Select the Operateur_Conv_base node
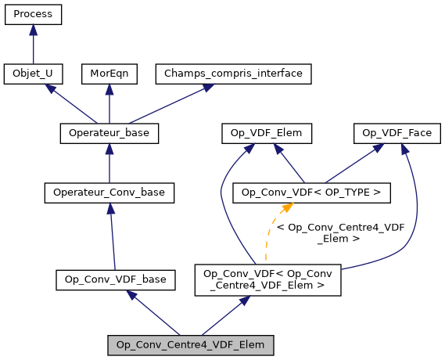click(109, 192)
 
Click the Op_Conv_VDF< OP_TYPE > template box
click(312, 192)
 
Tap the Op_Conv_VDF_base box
click(115, 278)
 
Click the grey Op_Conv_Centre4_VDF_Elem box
click(191, 344)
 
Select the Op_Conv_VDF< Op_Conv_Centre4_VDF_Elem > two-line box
click(267, 279)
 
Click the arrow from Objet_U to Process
click(33, 44)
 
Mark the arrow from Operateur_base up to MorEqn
click(109, 103)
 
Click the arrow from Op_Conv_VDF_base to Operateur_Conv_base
click(112, 235)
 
